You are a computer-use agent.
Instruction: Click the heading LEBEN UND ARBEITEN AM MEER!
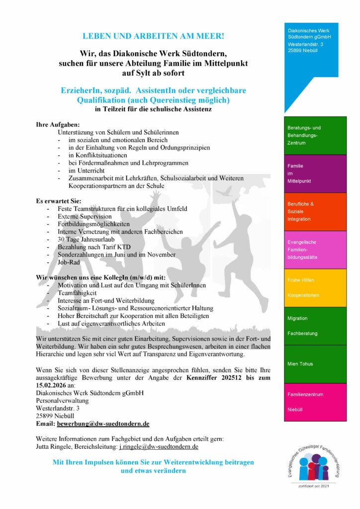tap(153, 36)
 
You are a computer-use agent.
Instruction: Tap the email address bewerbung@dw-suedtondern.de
tap(103, 424)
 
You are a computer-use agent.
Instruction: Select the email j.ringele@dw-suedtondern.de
tap(159, 447)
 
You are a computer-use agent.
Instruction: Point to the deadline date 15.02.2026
tap(54, 385)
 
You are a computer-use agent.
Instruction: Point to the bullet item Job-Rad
tap(69, 262)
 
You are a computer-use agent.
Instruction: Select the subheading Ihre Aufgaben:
tap(58, 125)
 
